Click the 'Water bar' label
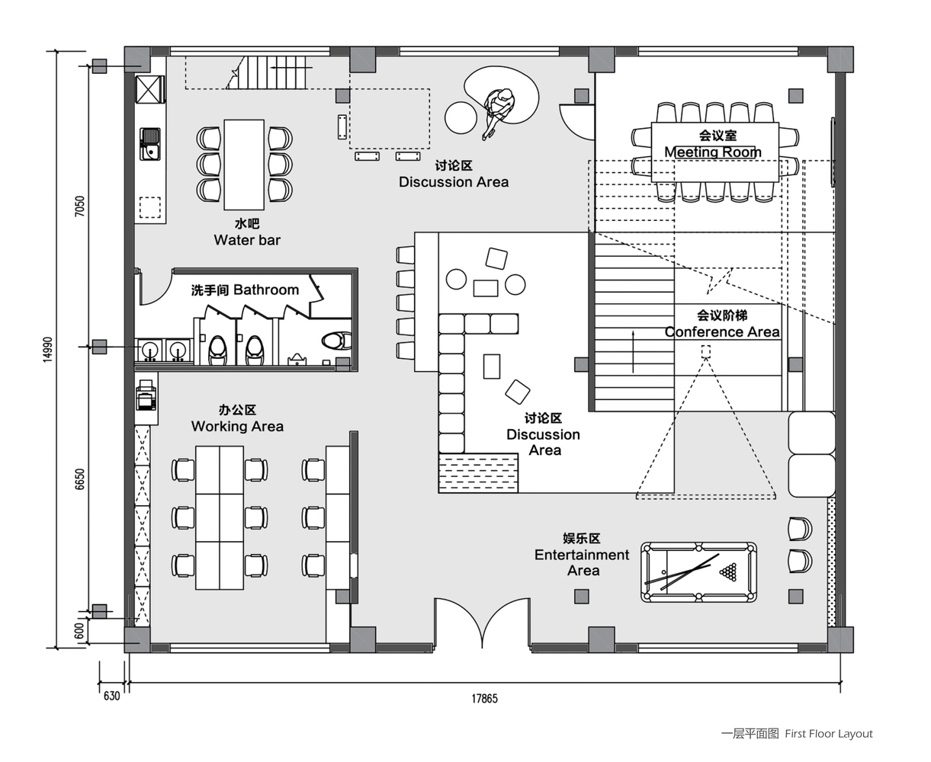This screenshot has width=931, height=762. coord(247,240)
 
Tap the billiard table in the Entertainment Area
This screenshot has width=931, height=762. coord(698,571)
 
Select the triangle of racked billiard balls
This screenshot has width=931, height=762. coord(728,571)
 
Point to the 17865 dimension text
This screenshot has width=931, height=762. coord(484,699)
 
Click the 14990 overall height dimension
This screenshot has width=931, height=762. coord(48,350)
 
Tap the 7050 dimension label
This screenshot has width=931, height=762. coord(79,206)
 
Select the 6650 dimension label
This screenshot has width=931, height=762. coord(79,479)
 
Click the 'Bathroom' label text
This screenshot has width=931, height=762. coord(266,290)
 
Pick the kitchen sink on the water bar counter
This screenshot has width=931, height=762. coord(150,144)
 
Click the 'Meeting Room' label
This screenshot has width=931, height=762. coord(713,152)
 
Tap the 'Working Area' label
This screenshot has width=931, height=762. coord(237,426)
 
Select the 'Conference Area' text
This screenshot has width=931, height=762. coord(722,331)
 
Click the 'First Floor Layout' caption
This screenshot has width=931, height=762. coord(829,734)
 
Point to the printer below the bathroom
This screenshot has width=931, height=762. coord(146,395)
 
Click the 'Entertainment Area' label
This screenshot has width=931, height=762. coord(583,562)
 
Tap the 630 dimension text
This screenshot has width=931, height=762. coord(111,696)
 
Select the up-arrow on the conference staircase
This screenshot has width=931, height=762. coord(633,351)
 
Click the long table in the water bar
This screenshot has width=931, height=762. coord(244,165)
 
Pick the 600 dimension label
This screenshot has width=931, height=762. coord(79,631)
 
